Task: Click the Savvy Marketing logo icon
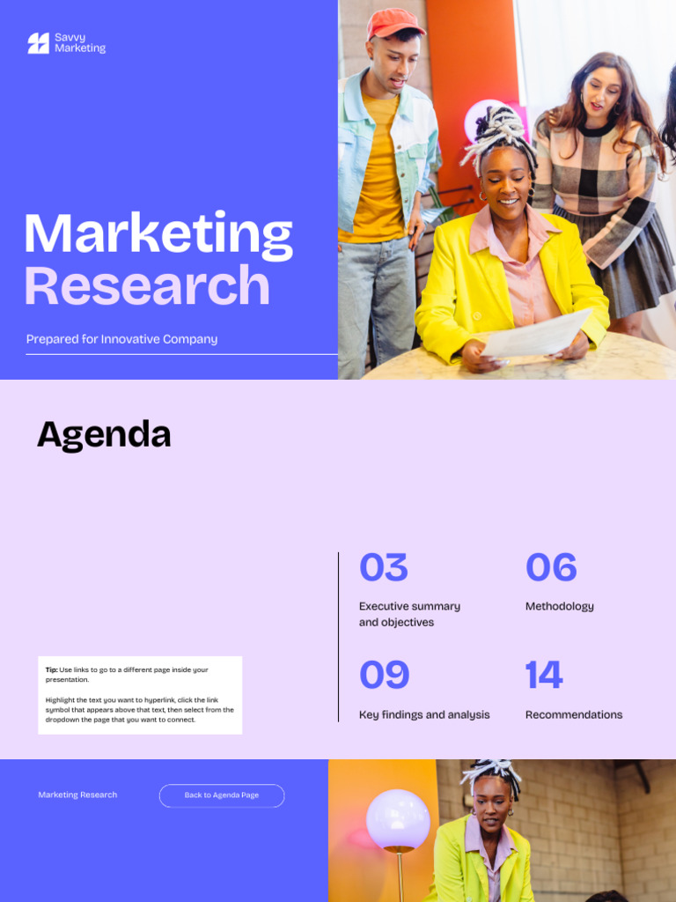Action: (38, 43)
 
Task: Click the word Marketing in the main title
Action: (158, 235)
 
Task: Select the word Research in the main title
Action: (146, 286)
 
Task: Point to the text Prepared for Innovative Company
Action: (121, 339)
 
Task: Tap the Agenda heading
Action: (104, 434)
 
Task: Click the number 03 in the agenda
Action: (383, 568)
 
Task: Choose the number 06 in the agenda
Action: (551, 568)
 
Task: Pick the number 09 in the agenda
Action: (384, 676)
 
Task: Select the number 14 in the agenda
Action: (543, 676)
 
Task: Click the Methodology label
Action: (559, 606)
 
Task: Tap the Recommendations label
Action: (573, 714)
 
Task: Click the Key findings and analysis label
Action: (424, 714)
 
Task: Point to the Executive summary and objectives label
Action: (409, 614)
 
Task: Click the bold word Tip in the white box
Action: (51, 670)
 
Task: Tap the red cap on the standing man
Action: (394, 21)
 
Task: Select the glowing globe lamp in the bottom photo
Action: (398, 820)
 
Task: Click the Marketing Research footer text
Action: (77, 795)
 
